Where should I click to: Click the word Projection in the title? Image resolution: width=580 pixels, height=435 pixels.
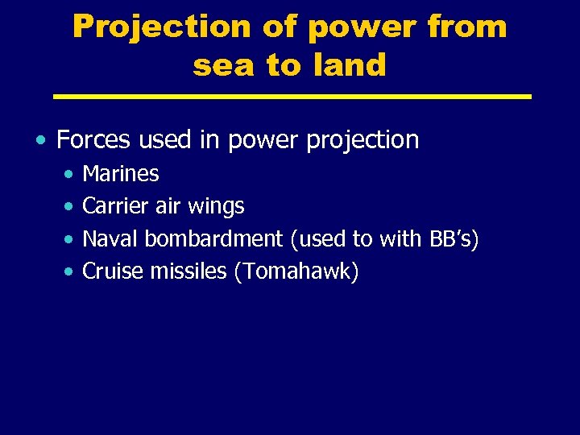coord(162,27)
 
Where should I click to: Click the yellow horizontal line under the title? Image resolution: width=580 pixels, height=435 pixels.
coord(292,97)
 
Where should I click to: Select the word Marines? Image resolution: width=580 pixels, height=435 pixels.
coord(121,173)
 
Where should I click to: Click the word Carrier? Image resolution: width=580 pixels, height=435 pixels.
coord(115,206)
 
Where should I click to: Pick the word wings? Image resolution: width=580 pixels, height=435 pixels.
coord(215,207)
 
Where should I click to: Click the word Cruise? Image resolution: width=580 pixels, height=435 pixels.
coord(113,272)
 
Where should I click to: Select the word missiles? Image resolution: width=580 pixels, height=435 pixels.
coord(189,272)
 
